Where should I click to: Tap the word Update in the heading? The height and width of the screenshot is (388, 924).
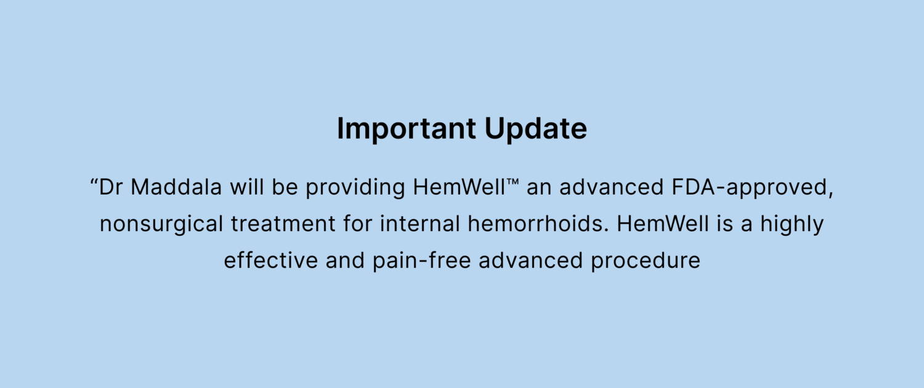pos(535,128)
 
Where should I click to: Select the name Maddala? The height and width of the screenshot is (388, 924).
pos(176,187)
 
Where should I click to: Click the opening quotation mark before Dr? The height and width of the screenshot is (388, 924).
pos(94,182)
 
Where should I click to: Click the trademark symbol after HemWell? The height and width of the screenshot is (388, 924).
pos(513,182)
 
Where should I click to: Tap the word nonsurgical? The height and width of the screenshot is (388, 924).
pos(161,225)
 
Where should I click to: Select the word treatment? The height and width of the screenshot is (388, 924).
pos(283,224)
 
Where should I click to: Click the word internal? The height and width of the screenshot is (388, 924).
pos(419,224)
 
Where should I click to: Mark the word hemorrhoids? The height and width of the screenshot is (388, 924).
pos(538,224)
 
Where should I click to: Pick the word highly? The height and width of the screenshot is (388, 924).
pos(792,225)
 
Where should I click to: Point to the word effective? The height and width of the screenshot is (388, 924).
pos(270,261)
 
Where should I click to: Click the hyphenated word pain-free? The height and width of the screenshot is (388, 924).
pos(421,261)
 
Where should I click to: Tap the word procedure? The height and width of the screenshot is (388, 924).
pos(646,261)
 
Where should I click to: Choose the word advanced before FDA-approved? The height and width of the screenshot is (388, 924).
pos(611,187)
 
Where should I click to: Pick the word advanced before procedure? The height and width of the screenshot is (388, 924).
pos(530,261)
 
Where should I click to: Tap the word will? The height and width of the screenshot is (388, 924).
pos(246,187)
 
